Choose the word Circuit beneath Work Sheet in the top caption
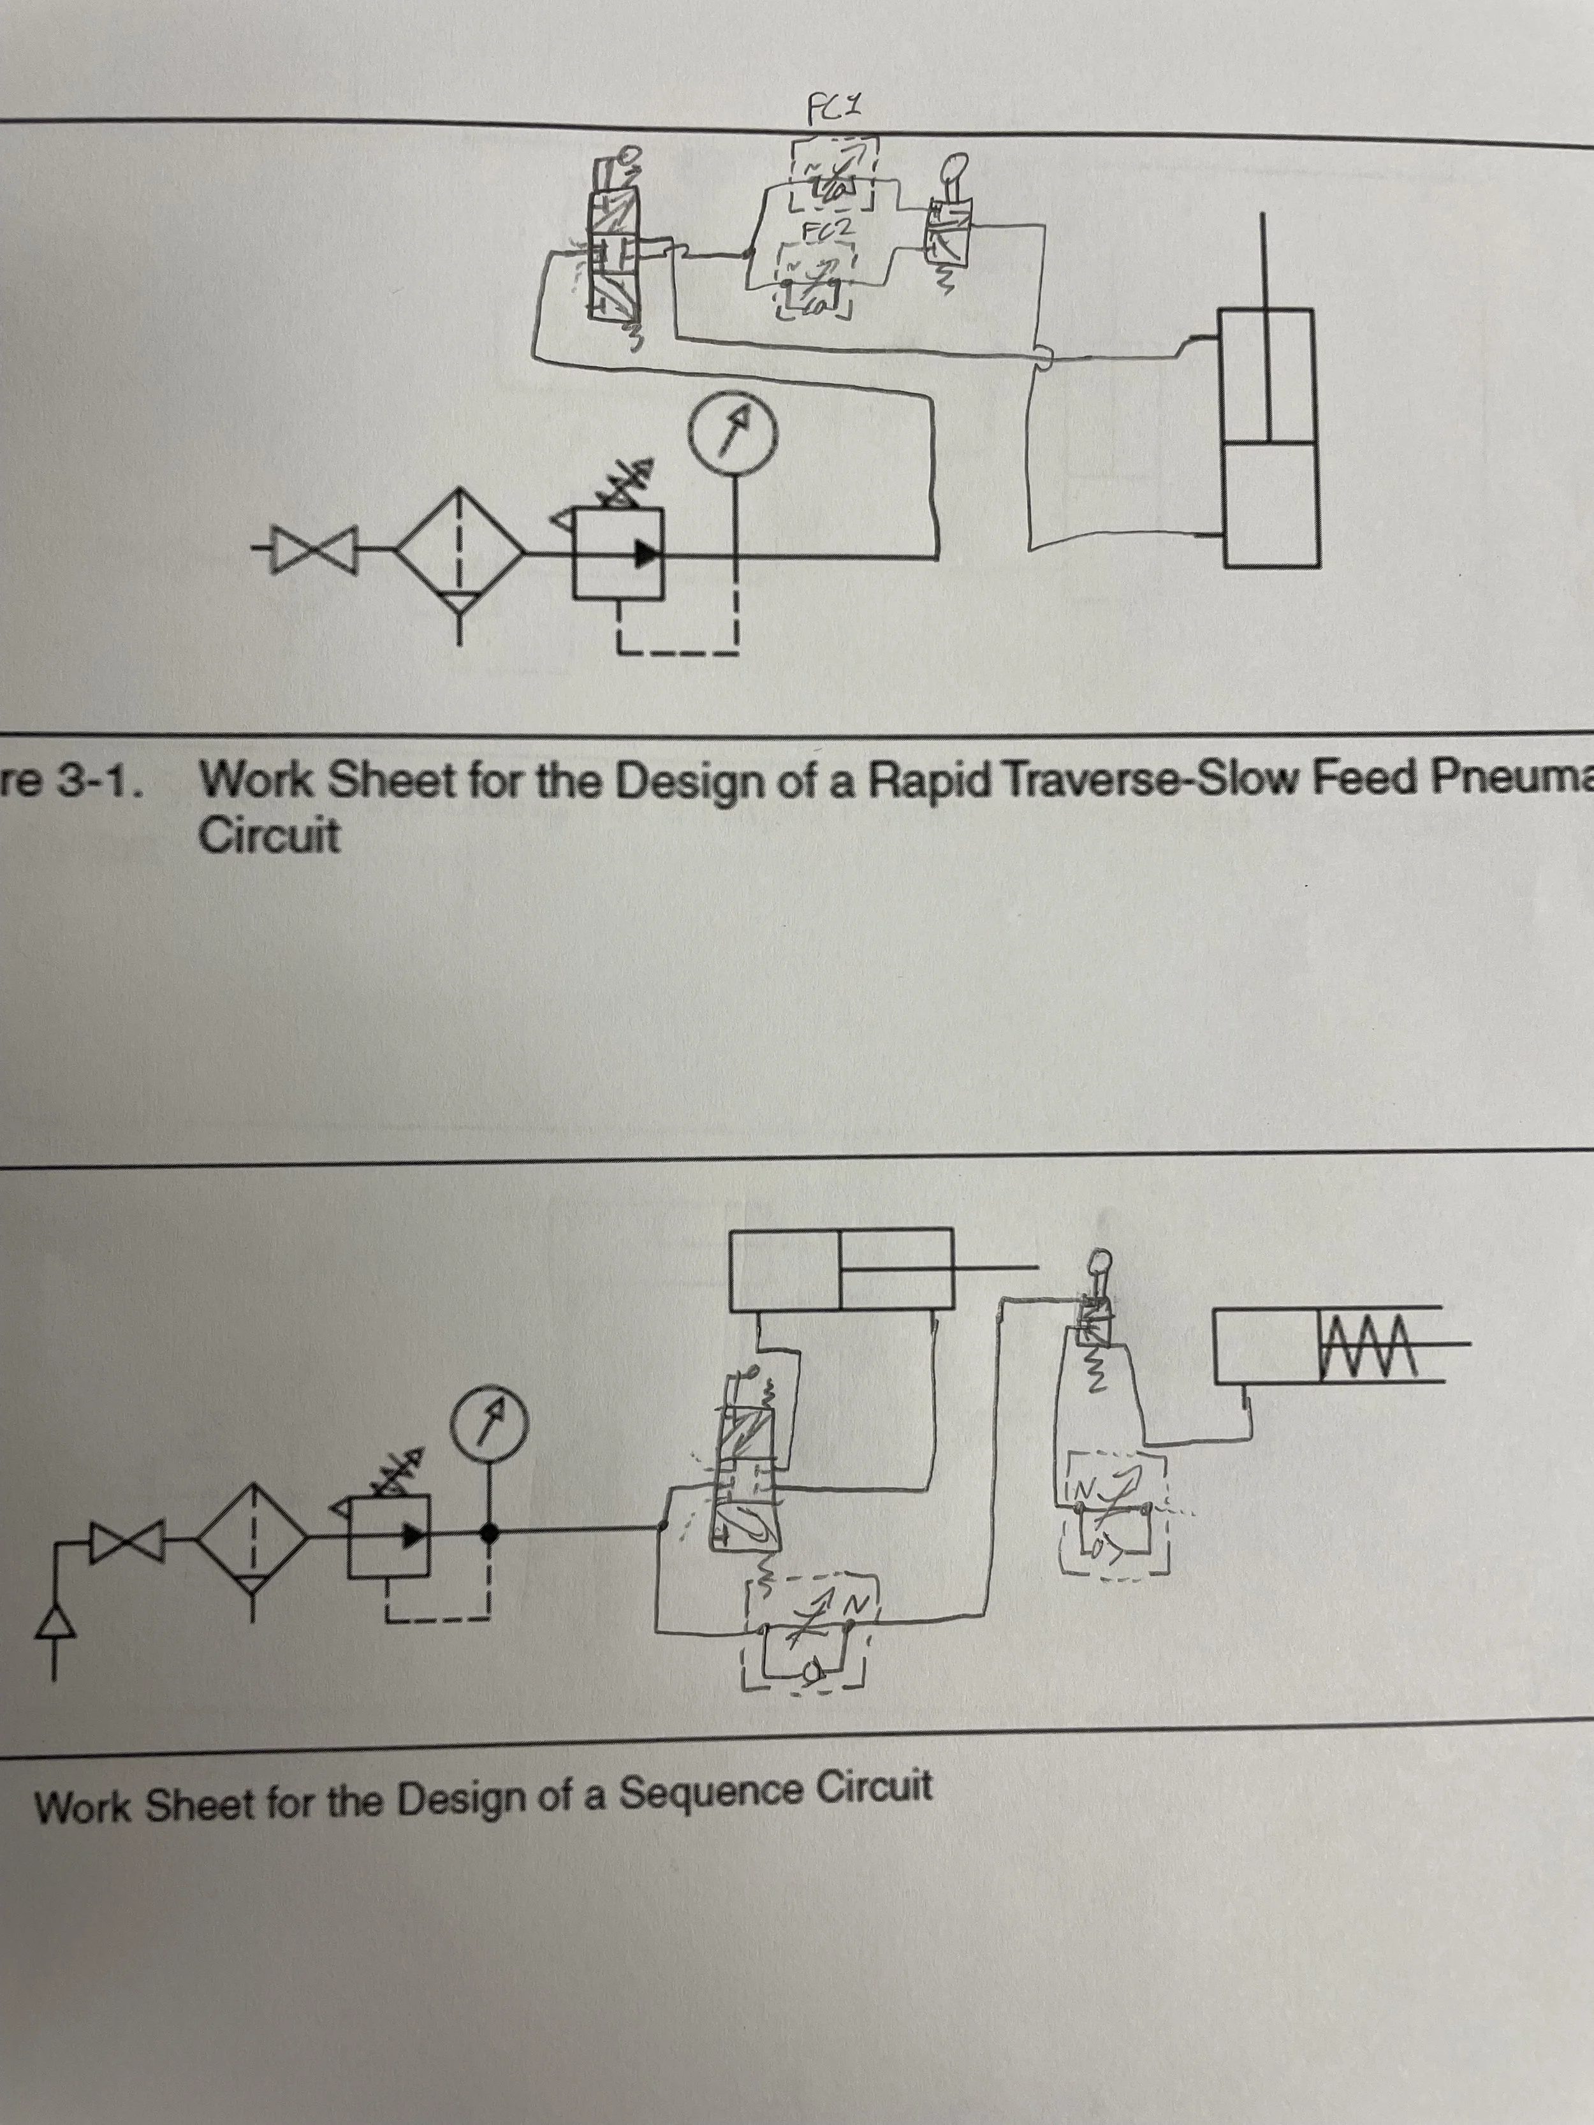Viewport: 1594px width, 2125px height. coord(269,836)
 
